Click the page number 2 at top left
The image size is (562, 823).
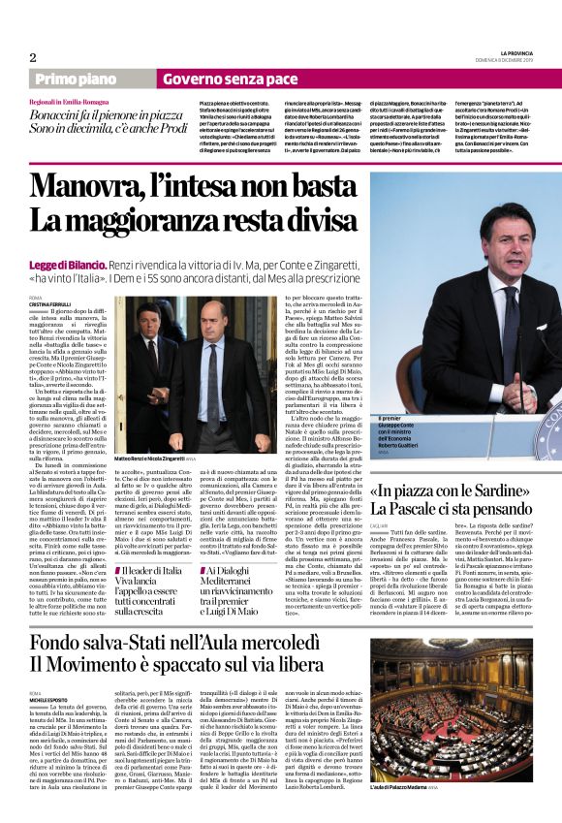point(32,57)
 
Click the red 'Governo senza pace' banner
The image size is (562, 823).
point(229,78)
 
